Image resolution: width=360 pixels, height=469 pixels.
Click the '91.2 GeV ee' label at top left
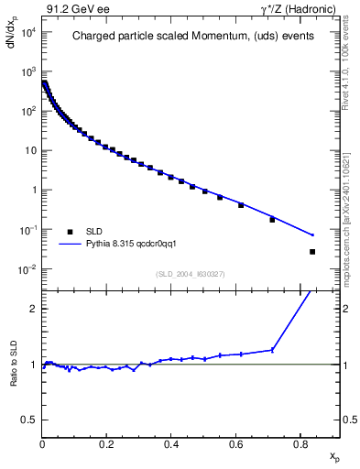(76, 10)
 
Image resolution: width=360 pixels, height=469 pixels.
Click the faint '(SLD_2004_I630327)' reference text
(191, 274)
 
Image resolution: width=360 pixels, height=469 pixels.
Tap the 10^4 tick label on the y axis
(28, 32)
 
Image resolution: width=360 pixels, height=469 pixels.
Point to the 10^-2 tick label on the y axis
(28, 269)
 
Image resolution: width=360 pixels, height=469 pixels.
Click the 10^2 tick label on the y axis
(28, 112)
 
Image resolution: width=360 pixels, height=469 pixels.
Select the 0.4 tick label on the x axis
(171, 443)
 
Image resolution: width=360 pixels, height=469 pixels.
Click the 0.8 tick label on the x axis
(300, 443)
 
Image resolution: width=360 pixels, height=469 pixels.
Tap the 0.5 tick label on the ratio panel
(28, 420)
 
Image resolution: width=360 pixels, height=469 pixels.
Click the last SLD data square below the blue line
(312, 252)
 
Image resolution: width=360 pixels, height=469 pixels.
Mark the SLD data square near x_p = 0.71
(272, 220)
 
